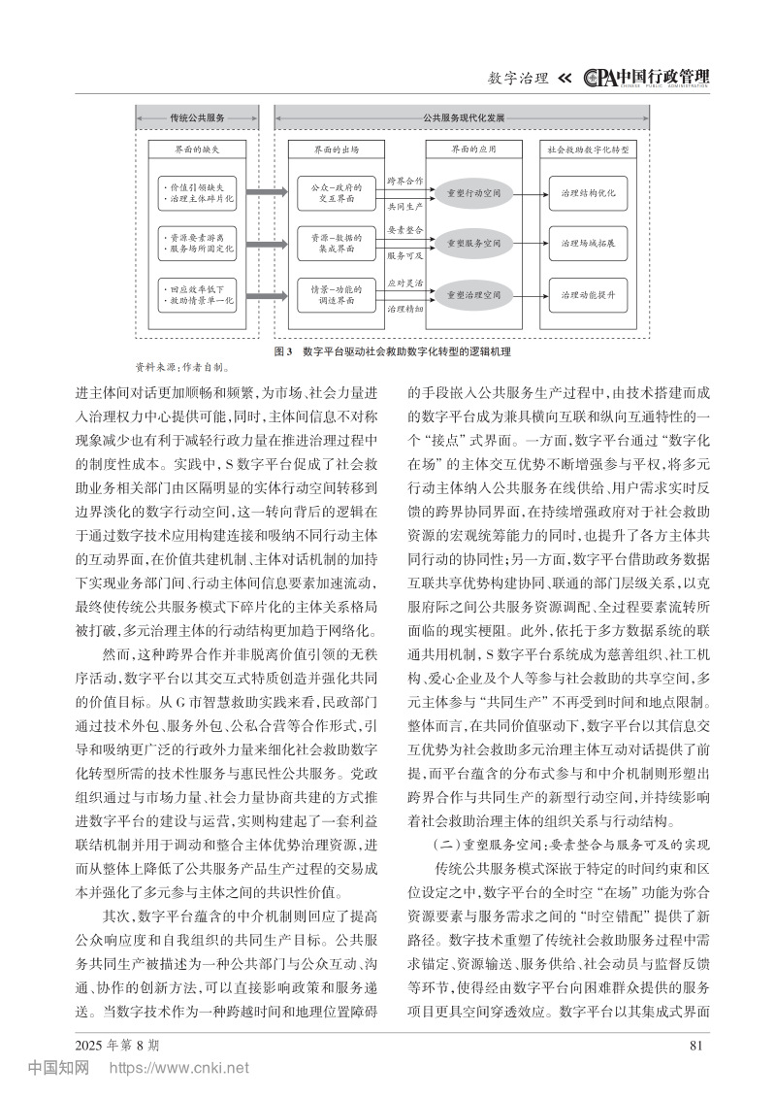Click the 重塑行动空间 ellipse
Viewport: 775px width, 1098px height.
[x=472, y=192]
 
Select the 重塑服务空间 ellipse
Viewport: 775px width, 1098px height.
[x=472, y=243]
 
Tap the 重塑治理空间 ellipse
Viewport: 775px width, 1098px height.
[x=472, y=294]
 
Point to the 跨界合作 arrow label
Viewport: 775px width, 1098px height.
[x=405, y=181]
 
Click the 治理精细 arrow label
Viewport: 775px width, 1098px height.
[x=405, y=308]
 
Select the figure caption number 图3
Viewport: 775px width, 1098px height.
[x=283, y=350]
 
